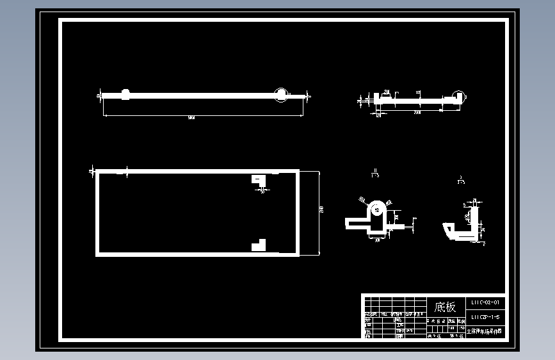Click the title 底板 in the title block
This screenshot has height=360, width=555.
pos(446,307)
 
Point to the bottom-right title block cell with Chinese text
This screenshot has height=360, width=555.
pos(485,331)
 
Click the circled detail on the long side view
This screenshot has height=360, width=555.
pos(281,95)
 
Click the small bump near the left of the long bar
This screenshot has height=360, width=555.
pos(125,94)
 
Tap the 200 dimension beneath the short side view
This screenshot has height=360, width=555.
pos(417,113)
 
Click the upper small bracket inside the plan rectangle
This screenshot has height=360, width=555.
pos(259,180)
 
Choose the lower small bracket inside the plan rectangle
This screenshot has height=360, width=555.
pos(259,245)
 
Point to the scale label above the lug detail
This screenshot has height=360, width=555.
pos(375,174)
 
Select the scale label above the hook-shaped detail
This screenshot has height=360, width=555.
pos(461,180)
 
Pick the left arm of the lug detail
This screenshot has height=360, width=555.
pos(356,222)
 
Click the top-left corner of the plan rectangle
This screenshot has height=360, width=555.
pos(97,172)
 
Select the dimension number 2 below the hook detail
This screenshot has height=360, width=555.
pos(484,244)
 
